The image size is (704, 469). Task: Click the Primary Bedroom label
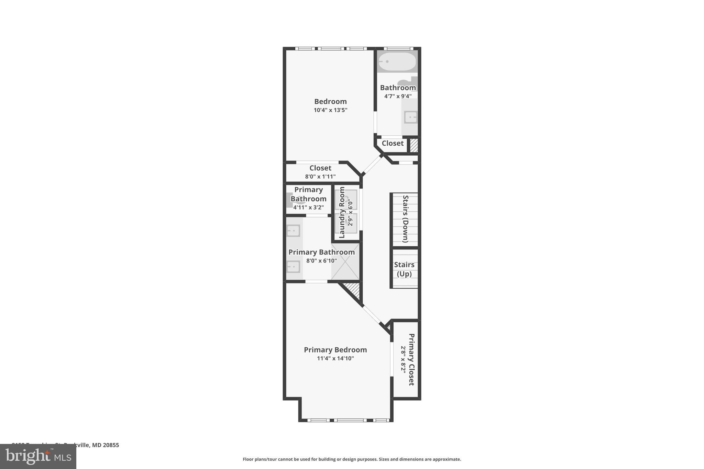point(335,350)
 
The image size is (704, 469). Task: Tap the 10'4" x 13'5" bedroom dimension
point(330,110)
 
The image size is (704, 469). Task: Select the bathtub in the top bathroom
point(397,62)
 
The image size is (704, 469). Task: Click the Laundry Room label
point(342,212)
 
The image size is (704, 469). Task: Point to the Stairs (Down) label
point(406,219)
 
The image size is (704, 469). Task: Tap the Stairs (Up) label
point(404,269)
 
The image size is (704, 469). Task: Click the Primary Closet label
point(411,359)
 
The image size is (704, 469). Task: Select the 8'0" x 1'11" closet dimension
point(320,177)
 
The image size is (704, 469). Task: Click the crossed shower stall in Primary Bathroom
point(345,261)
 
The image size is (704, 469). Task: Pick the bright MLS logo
point(38,457)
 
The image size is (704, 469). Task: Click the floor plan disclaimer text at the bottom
point(352,459)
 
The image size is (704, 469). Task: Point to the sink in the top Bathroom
point(410,117)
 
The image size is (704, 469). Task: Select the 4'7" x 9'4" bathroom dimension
point(398,96)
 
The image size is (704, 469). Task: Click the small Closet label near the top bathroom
point(393,143)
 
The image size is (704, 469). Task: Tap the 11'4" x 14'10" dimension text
point(335,358)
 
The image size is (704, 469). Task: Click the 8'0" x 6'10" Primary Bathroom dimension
point(321,261)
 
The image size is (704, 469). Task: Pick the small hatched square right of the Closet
point(414,145)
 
